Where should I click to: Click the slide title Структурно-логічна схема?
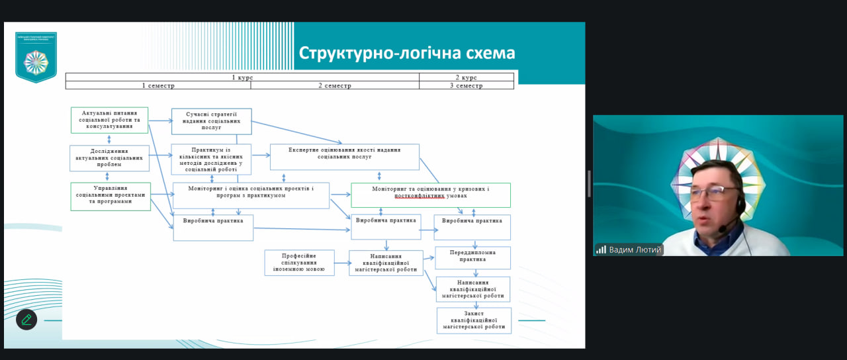tap(407, 53)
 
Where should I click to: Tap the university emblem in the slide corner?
tap(36, 58)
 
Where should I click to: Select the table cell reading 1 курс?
tap(242, 77)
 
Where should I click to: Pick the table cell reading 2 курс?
tap(466, 77)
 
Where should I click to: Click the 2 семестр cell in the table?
tap(335, 85)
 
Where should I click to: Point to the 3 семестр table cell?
tap(466, 85)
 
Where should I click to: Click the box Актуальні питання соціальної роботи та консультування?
tap(109, 120)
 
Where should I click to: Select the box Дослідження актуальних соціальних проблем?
tap(109, 158)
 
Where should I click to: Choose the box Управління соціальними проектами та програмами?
tap(111, 197)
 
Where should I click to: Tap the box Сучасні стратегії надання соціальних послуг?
tap(211, 121)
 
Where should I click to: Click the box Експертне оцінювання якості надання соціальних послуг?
tap(344, 157)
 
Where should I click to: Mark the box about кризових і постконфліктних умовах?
tap(430, 195)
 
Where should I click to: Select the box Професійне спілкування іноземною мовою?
tap(298, 262)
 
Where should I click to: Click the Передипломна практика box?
tap(472, 257)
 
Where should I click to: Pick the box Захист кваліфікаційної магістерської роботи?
tap(474, 320)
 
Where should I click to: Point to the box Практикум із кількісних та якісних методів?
tap(211, 159)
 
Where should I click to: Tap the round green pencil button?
tap(26, 320)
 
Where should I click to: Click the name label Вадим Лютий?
tap(635, 249)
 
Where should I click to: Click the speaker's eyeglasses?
tap(714, 194)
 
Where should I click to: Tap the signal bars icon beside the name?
tap(601, 249)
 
